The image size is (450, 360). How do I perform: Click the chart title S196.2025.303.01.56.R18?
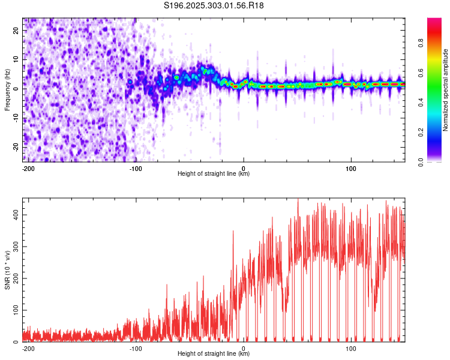click(214, 6)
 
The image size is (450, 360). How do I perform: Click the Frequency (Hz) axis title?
click(7, 90)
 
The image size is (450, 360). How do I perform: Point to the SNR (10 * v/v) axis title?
click(7, 270)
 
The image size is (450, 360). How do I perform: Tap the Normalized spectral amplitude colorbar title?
click(446, 90)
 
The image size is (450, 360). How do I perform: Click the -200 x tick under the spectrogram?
click(28, 169)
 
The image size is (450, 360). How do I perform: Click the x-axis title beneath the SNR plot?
click(214, 354)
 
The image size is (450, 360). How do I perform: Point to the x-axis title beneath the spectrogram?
click(214, 174)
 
